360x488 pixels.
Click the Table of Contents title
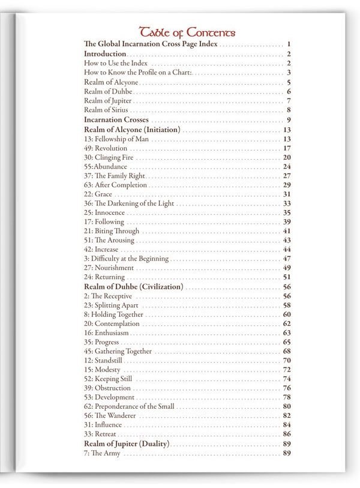tap(187, 32)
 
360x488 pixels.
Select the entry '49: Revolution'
tap(106, 148)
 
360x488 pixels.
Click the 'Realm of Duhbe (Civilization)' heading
tap(133, 287)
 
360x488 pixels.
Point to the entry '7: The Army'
tap(102, 453)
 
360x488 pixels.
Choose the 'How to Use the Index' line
tap(116, 63)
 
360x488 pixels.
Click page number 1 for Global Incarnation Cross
tap(289, 44)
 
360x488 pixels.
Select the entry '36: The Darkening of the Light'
tap(129, 203)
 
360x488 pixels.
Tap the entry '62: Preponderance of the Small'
tap(129, 406)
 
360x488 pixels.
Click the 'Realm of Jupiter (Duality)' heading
tap(127, 444)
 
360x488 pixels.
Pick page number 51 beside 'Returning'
tap(287, 277)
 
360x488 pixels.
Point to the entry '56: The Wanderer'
tap(110, 416)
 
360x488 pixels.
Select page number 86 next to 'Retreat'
tap(287, 434)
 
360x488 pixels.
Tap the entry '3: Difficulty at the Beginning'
tap(126, 259)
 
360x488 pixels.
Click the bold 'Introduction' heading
tap(105, 54)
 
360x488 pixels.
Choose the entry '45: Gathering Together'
tap(118, 351)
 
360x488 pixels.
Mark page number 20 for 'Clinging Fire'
tap(287, 157)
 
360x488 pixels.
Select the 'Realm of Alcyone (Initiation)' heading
tap(132, 130)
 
